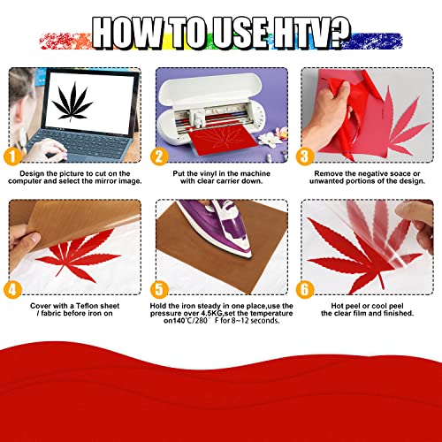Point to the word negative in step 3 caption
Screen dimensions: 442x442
tap(362, 174)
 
